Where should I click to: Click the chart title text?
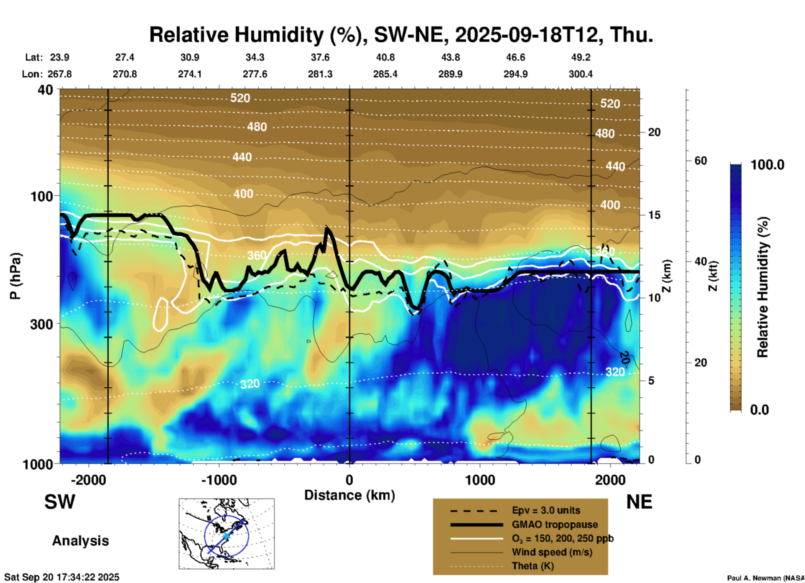[x=401, y=35]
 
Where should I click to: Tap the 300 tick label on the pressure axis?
[x=42, y=324]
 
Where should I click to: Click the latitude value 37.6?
[x=320, y=57]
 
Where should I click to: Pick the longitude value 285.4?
[x=385, y=74]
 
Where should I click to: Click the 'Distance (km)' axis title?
[x=349, y=495]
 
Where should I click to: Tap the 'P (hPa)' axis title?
[x=15, y=276]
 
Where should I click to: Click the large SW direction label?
[x=60, y=502]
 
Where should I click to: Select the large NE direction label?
[x=639, y=502]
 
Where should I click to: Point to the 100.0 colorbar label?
[x=767, y=165]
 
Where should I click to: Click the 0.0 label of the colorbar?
[x=759, y=409]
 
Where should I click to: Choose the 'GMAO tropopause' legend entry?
[x=555, y=524]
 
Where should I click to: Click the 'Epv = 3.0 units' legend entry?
[x=546, y=510]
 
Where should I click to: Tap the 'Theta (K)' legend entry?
[x=532, y=566]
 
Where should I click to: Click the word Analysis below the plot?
[x=80, y=541]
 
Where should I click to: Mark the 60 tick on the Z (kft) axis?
[x=701, y=161]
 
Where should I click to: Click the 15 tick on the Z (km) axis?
[x=654, y=215]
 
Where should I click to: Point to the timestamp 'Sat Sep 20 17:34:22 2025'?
[x=61, y=577]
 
